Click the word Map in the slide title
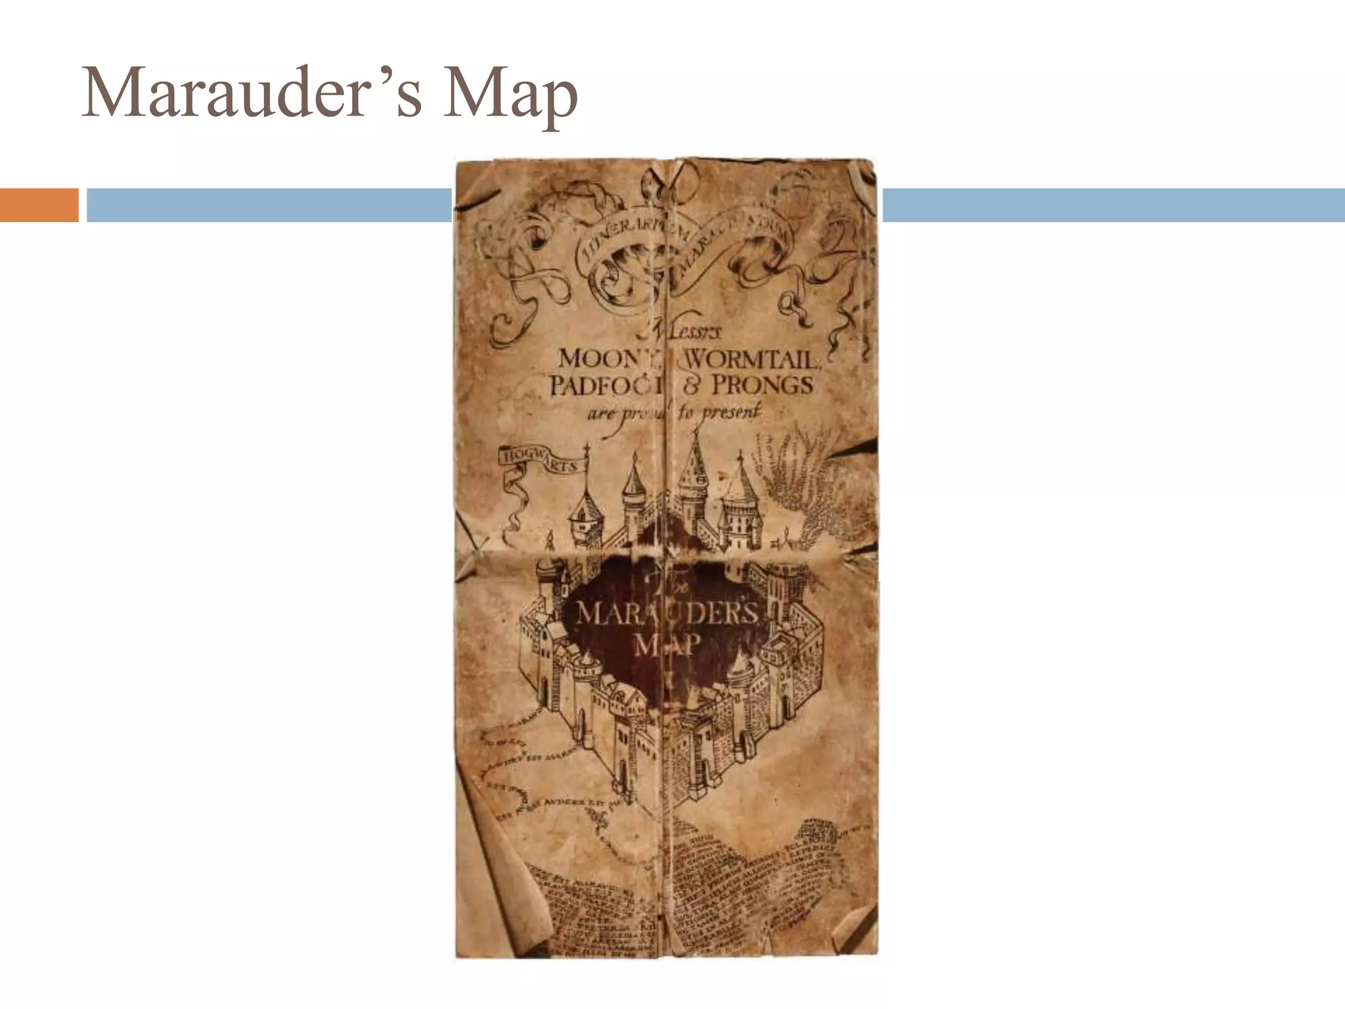(510, 97)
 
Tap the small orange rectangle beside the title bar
(39, 205)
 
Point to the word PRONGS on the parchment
(762, 385)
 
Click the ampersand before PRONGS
(691, 385)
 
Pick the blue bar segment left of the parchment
(269, 205)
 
